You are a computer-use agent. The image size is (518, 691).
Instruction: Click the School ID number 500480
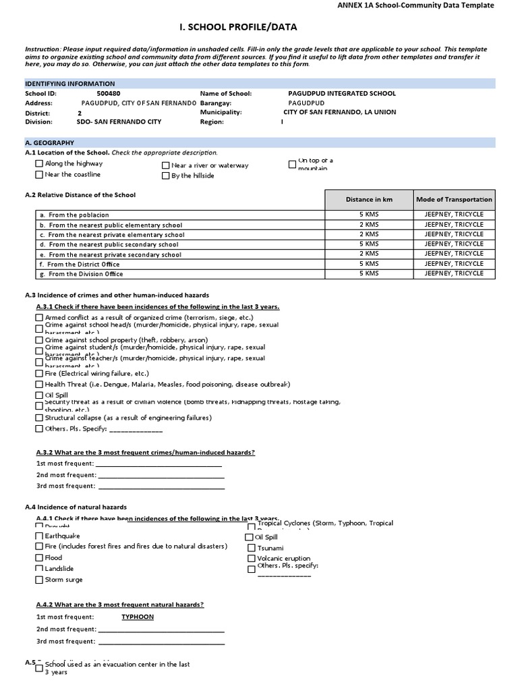click(x=109, y=94)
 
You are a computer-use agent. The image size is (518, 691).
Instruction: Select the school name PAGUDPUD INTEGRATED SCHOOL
click(x=341, y=94)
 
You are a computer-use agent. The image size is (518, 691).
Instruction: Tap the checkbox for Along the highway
click(x=39, y=164)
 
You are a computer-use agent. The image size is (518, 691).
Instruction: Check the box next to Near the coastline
click(x=39, y=175)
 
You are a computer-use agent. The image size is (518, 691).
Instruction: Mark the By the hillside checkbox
click(x=166, y=176)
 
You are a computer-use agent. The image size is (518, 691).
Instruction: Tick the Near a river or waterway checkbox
click(x=166, y=165)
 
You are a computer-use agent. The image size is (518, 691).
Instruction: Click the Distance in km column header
click(x=368, y=200)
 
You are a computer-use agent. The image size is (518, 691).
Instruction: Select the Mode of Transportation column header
click(x=454, y=200)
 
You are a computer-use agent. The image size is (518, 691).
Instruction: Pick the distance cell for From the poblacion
click(x=368, y=215)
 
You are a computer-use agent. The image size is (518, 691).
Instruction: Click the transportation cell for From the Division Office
click(x=454, y=274)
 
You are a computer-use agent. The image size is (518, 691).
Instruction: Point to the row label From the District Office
click(x=84, y=265)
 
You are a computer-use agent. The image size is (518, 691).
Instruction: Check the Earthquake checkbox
click(x=39, y=536)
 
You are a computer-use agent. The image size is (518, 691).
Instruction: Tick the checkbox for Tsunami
click(x=252, y=548)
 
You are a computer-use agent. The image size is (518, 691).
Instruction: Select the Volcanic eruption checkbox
click(x=252, y=559)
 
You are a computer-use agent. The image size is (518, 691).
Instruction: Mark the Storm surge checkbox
click(x=39, y=580)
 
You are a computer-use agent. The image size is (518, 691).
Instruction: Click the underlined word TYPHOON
click(x=138, y=617)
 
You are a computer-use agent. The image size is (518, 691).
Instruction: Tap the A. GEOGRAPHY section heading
click(x=50, y=143)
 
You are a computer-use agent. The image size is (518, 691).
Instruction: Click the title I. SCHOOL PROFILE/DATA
click(x=237, y=28)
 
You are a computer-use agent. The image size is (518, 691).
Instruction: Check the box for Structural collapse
click(x=39, y=418)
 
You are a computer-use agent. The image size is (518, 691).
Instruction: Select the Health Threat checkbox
click(x=39, y=385)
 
